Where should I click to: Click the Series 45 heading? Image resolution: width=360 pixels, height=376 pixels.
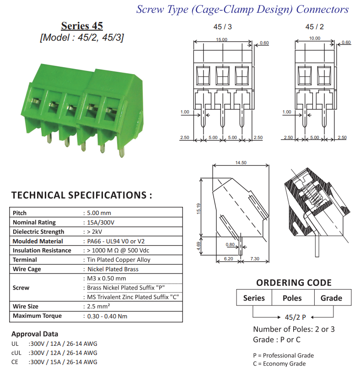tap(82, 26)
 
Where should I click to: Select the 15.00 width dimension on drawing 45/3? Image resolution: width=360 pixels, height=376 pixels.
tap(221, 40)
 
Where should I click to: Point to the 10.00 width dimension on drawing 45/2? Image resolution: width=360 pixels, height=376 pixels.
tap(314, 38)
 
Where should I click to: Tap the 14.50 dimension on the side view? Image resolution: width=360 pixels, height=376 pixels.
tap(241, 163)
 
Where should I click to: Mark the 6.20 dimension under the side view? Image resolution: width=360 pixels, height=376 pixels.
tap(229, 259)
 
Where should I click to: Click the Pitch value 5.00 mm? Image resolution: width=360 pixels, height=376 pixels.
tap(99, 213)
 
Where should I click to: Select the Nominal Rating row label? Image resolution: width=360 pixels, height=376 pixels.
tap(34, 222)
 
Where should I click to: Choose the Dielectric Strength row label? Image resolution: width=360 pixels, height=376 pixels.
tap(38, 232)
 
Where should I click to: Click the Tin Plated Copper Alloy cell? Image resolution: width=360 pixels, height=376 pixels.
tap(118, 260)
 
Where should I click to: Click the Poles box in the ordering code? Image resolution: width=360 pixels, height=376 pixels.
tap(292, 298)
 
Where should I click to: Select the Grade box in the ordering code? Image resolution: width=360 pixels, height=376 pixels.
tap(331, 298)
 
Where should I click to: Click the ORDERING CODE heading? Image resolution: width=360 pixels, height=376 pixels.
tap(294, 283)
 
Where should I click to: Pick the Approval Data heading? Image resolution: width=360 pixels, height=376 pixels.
tap(35, 334)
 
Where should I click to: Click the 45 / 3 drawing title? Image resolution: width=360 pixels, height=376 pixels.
tap(223, 27)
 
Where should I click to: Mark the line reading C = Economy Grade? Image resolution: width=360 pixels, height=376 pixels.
tap(279, 364)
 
